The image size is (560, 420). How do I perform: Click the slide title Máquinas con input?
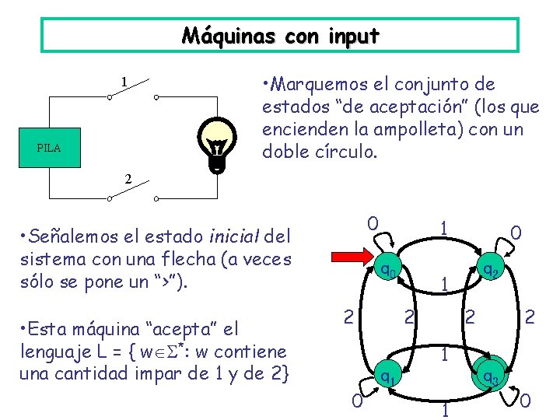point(280,36)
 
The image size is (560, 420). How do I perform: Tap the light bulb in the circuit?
point(219,144)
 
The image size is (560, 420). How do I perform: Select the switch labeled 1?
point(132,96)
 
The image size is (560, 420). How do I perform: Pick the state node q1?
point(386,376)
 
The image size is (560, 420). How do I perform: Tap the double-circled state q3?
point(490,376)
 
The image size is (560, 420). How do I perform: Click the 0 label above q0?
point(373,223)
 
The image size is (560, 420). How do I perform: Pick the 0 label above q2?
point(515,232)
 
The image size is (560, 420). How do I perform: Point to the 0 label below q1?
point(355,401)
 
